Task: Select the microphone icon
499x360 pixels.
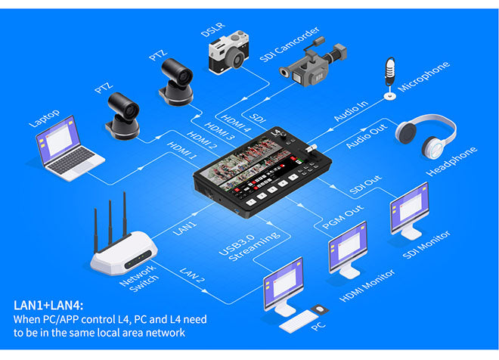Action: coord(389,76)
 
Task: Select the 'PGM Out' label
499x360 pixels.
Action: coord(338,214)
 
